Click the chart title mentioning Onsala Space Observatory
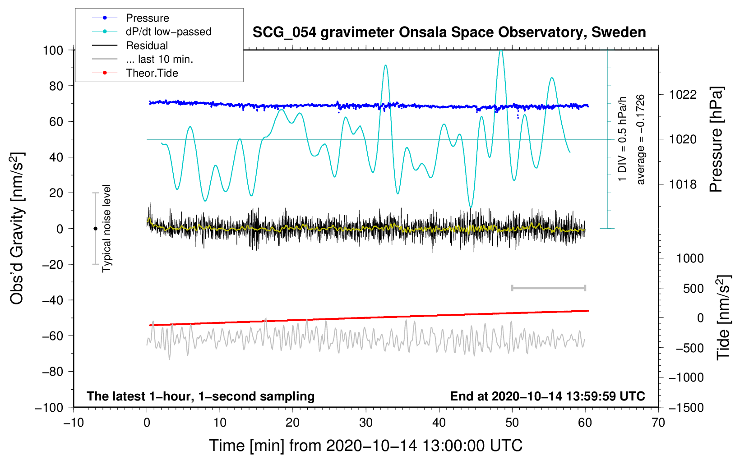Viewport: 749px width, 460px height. tap(449, 32)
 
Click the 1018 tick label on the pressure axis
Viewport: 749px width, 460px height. tap(683, 184)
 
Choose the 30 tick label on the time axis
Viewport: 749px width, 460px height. tap(366, 423)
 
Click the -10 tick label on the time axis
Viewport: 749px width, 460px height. tap(74, 423)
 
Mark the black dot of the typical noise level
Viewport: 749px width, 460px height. tap(95, 229)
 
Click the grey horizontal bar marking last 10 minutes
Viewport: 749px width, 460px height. tap(549, 288)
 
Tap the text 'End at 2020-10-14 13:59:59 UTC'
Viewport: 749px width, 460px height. tap(547, 396)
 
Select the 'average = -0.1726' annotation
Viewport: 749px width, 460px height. tap(640, 139)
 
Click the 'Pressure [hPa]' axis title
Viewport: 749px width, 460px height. tap(716, 139)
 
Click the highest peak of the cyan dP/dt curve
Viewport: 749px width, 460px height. tap(501, 50)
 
